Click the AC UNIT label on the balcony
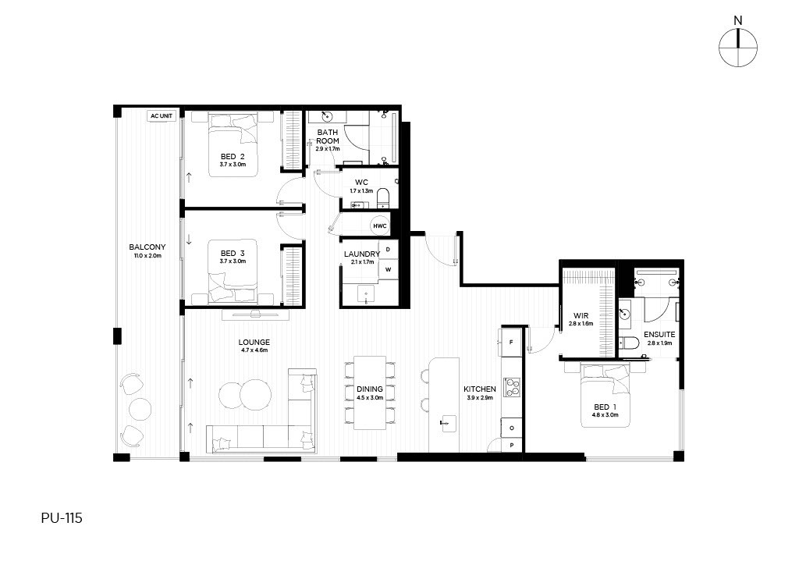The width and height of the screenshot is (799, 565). click(x=162, y=116)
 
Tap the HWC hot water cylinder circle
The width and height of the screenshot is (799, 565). click(x=380, y=226)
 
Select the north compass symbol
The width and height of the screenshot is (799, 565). click(x=738, y=48)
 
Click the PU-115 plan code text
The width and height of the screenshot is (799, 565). click(x=62, y=518)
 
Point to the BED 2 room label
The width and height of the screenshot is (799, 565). click(x=233, y=156)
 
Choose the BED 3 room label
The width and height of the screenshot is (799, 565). click(x=233, y=253)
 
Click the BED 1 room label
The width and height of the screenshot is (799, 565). click(x=605, y=407)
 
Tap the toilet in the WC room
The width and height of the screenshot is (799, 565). click(x=382, y=197)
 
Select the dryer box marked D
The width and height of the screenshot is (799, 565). click(x=389, y=250)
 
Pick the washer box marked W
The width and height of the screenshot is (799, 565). click(x=389, y=269)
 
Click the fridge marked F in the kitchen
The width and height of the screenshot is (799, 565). click(x=511, y=342)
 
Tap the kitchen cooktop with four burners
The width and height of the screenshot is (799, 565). click(x=512, y=387)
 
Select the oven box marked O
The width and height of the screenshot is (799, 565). click(x=512, y=428)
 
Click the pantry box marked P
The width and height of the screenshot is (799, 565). click(x=512, y=446)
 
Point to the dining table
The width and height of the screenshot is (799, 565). click(x=370, y=393)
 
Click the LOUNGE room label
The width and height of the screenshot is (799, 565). click(x=254, y=343)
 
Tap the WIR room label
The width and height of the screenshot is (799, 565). click(x=581, y=316)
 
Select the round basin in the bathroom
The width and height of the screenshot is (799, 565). click(x=327, y=117)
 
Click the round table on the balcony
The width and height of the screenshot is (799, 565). click(x=140, y=408)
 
